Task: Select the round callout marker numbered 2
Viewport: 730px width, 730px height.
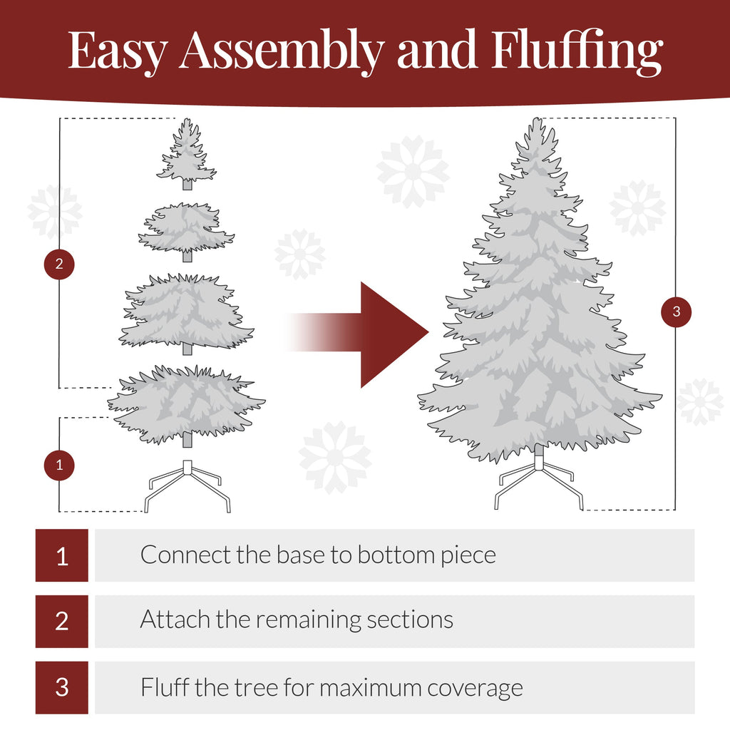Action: [x=59, y=264]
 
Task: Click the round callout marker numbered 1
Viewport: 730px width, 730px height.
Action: [x=59, y=466]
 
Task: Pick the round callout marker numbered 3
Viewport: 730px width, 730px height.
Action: [x=676, y=312]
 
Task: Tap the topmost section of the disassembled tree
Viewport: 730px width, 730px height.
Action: [x=187, y=154]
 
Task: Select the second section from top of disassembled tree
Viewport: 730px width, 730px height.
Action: [x=186, y=228]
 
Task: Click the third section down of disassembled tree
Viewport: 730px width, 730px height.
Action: [x=187, y=312]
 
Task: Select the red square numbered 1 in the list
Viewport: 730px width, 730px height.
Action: [x=62, y=555]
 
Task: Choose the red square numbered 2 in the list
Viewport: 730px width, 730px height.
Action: [x=62, y=621]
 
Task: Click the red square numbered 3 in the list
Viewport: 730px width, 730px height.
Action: [x=62, y=687]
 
